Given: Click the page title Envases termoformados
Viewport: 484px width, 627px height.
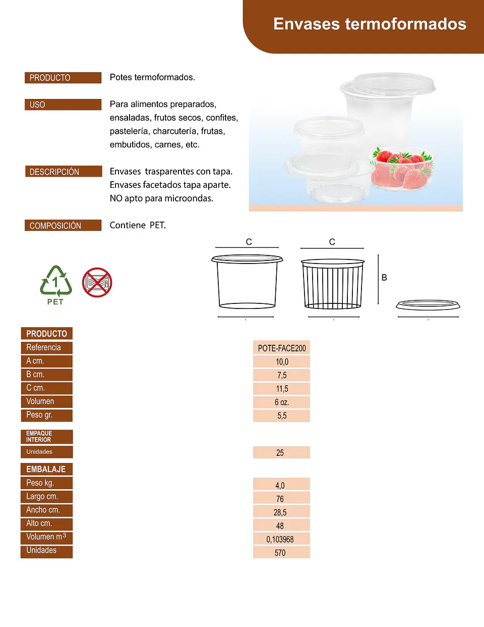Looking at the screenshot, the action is (x=370, y=24).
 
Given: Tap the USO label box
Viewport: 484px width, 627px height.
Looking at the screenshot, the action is (x=63, y=104).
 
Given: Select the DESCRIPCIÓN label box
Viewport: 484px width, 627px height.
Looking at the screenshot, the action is (x=64, y=172).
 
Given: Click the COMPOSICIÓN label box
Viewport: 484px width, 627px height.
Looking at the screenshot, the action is (x=63, y=225).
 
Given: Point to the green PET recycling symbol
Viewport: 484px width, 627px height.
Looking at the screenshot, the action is (x=55, y=285).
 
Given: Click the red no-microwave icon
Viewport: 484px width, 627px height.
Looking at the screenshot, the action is (x=97, y=282).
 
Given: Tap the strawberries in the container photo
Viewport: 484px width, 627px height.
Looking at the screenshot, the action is (x=402, y=168).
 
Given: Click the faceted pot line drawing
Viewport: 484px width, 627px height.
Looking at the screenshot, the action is (x=333, y=284).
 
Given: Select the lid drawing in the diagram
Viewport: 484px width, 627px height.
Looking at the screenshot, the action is (x=428, y=305).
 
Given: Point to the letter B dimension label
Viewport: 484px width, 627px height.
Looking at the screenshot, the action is (x=384, y=278).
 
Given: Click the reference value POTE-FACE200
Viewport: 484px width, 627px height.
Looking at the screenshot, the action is (x=281, y=348).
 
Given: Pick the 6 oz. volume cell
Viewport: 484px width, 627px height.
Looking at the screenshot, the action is (x=281, y=402).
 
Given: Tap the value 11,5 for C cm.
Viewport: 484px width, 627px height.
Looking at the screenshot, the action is (x=281, y=389).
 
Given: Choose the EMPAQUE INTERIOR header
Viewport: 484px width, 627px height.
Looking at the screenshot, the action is (x=47, y=437).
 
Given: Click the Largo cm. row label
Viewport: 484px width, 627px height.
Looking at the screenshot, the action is (x=47, y=497).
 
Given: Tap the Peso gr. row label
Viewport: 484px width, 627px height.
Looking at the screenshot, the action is (x=47, y=415).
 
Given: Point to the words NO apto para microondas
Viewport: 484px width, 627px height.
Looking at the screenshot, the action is (x=161, y=198).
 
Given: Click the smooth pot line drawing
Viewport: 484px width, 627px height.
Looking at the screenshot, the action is (x=247, y=282).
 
